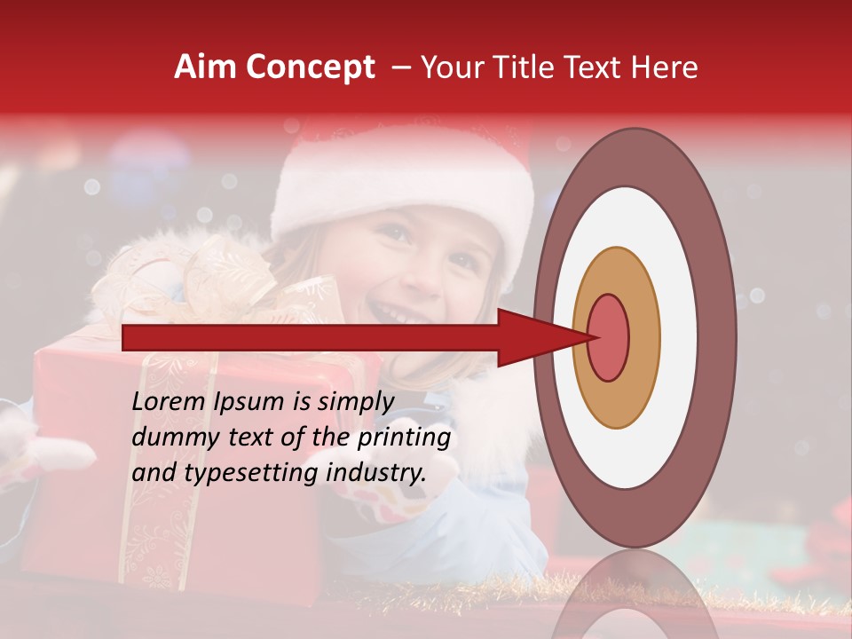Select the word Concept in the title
click(x=311, y=68)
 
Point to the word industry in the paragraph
click(x=376, y=473)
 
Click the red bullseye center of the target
click(x=608, y=336)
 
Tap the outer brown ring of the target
click(x=715, y=337)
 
